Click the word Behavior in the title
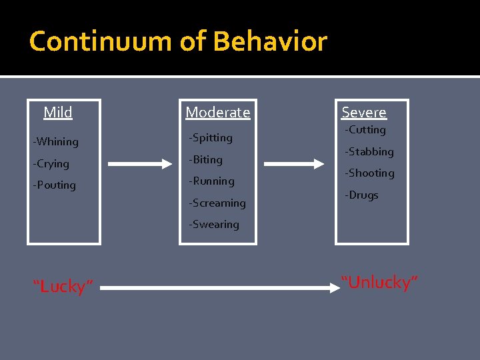(x=270, y=41)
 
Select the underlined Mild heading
(x=58, y=113)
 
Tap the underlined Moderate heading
(x=218, y=113)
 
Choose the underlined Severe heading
(x=364, y=113)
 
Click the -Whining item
(x=56, y=141)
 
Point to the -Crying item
(x=51, y=163)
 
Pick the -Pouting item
(x=55, y=185)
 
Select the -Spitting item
(x=211, y=138)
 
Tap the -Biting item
(x=206, y=159)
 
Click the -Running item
(x=212, y=181)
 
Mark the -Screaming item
(x=217, y=203)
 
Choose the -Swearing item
(x=214, y=225)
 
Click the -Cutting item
(x=365, y=130)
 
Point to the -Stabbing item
(x=369, y=152)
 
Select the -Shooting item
(x=369, y=173)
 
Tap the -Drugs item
(x=361, y=195)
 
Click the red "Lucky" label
(x=63, y=287)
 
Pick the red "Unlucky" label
(x=379, y=283)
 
